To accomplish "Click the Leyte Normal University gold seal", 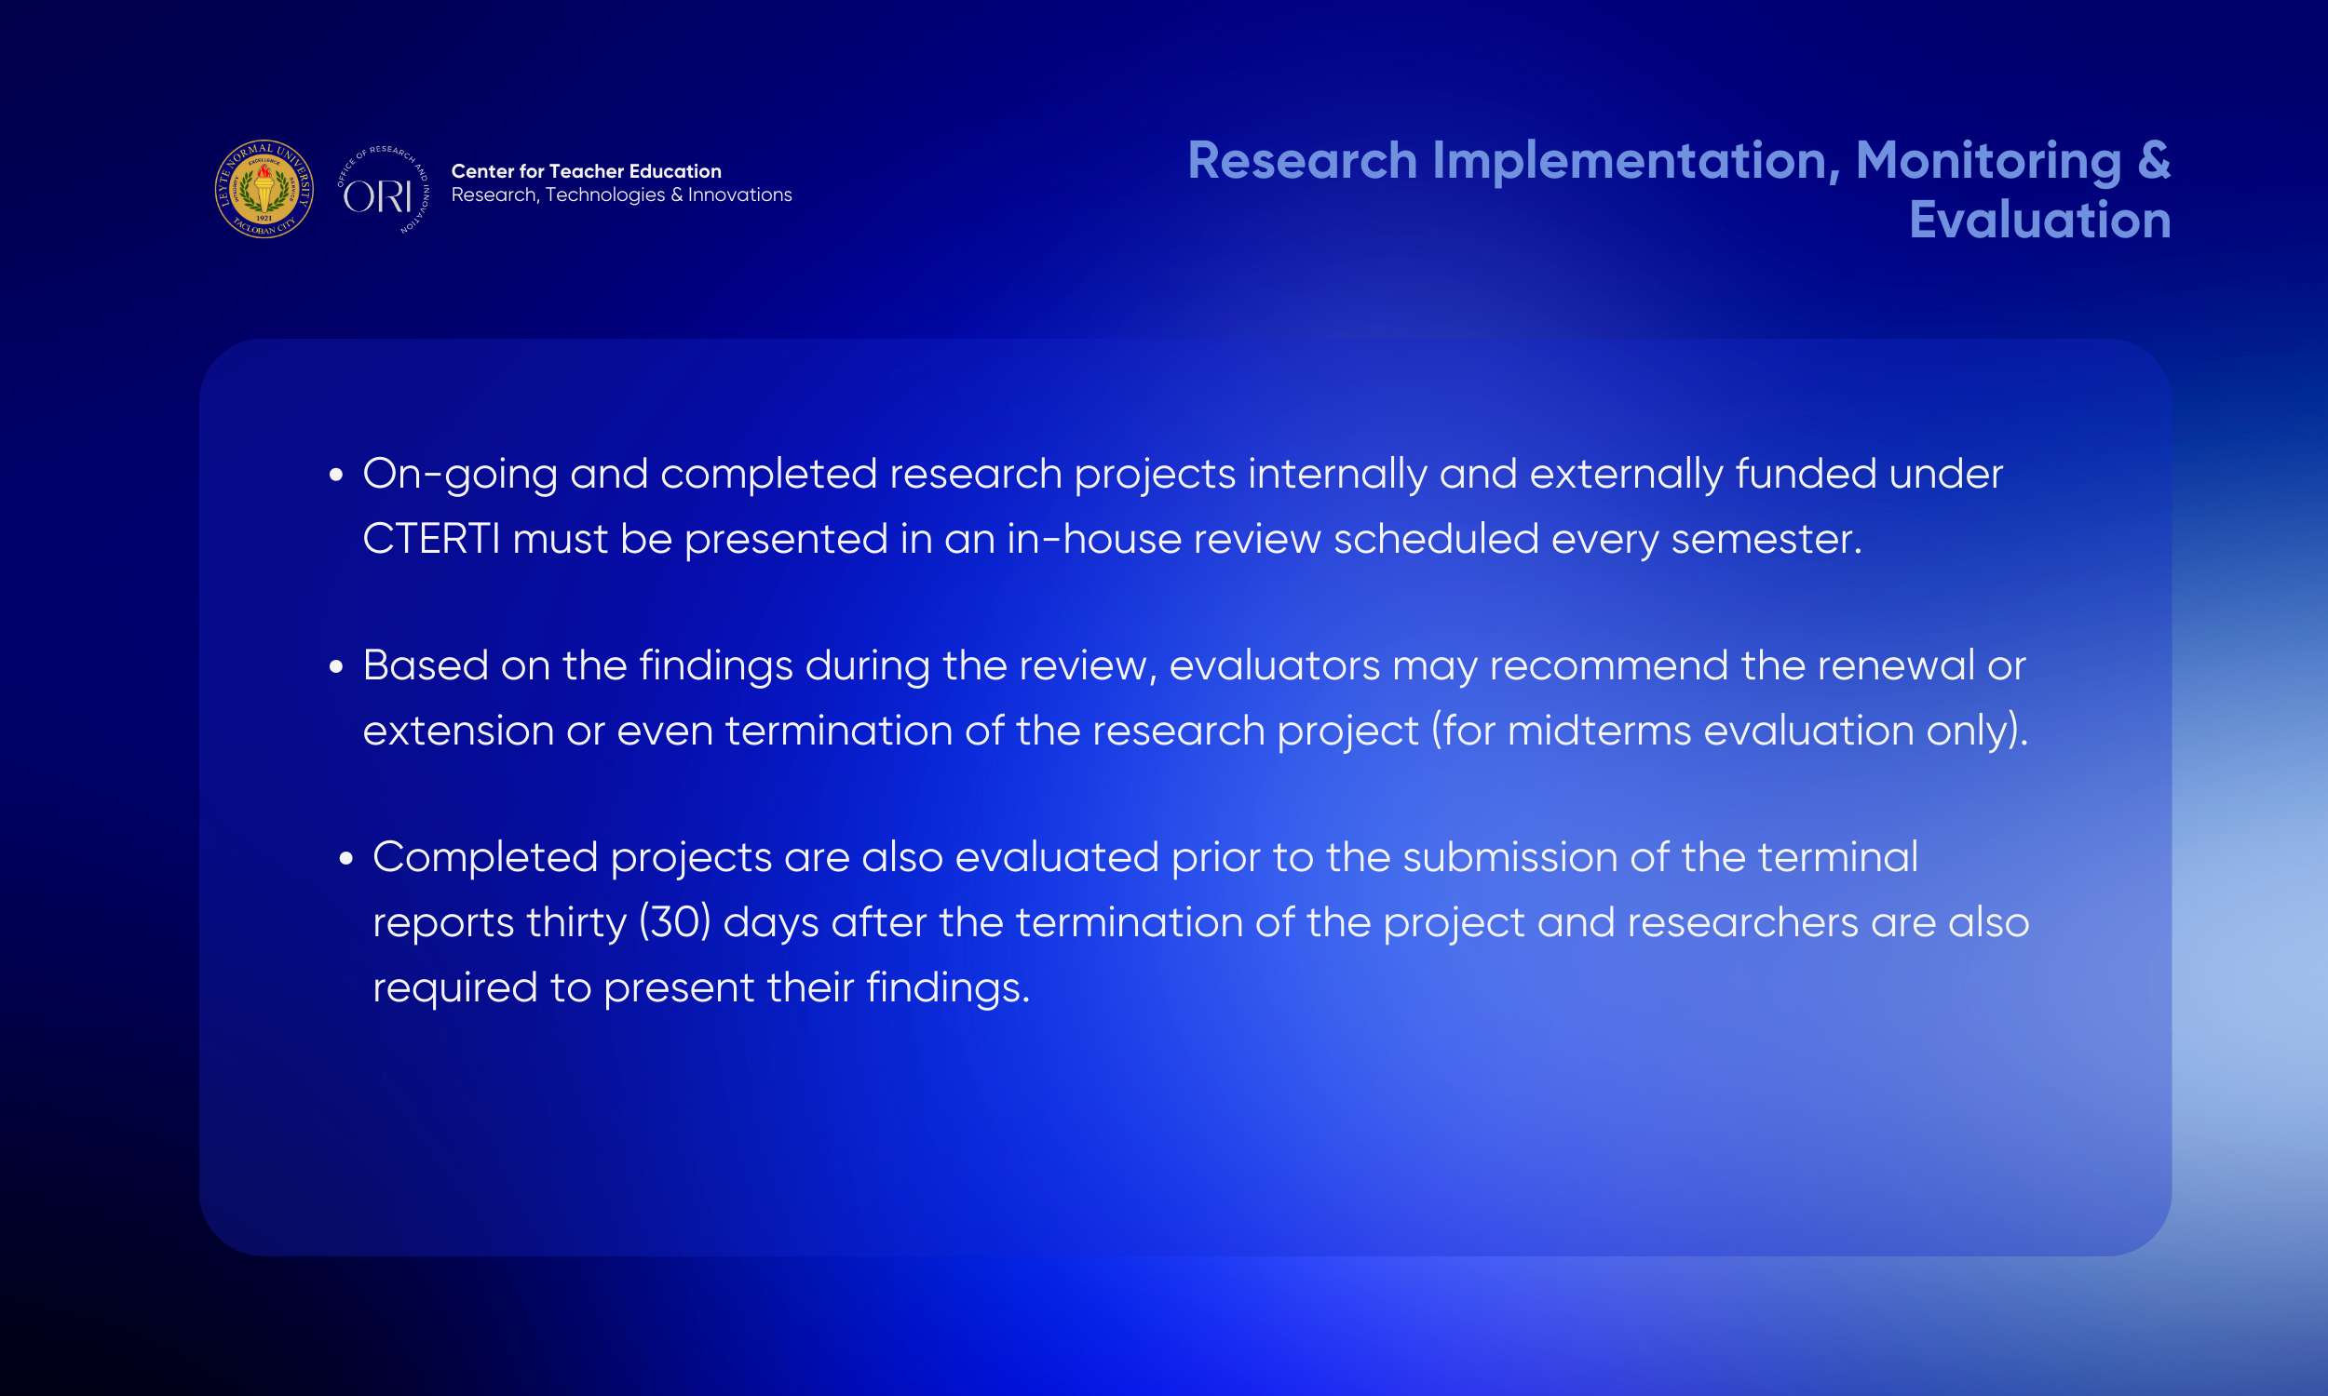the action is tap(264, 189).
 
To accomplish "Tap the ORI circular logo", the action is tap(383, 190).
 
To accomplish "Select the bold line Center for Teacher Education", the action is tap(587, 171).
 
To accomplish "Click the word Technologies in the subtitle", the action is tap(605, 195).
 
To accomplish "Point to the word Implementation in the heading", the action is tap(1635, 161).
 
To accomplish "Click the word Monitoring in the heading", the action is tap(1988, 162).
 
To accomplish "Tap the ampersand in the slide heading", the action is tap(2154, 160).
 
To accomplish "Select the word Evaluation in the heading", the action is tap(2040, 221).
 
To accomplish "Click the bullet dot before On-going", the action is tap(336, 475).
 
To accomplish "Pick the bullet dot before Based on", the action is tap(336, 667).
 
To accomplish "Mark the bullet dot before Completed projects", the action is tap(346, 858).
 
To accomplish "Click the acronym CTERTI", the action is tap(432, 540).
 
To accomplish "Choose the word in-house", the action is tap(1094, 539).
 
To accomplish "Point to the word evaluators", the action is tap(1274, 666).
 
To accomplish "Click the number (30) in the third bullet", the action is tap(675, 923).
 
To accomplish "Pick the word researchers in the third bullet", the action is tap(1742, 923).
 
